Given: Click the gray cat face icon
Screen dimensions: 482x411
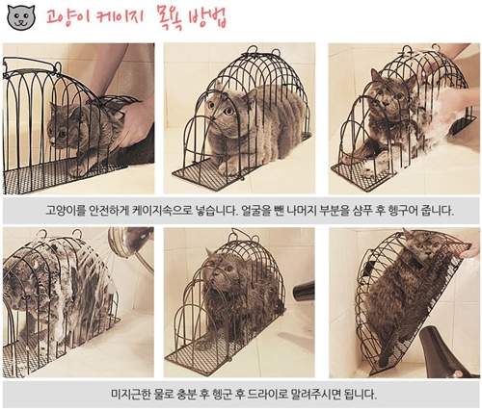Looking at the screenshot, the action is click(21, 16).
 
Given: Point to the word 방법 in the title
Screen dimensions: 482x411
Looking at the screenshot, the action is click(208, 16).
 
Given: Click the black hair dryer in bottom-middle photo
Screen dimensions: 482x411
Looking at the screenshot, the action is click(303, 290).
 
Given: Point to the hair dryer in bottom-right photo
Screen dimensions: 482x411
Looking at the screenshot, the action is click(445, 352).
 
